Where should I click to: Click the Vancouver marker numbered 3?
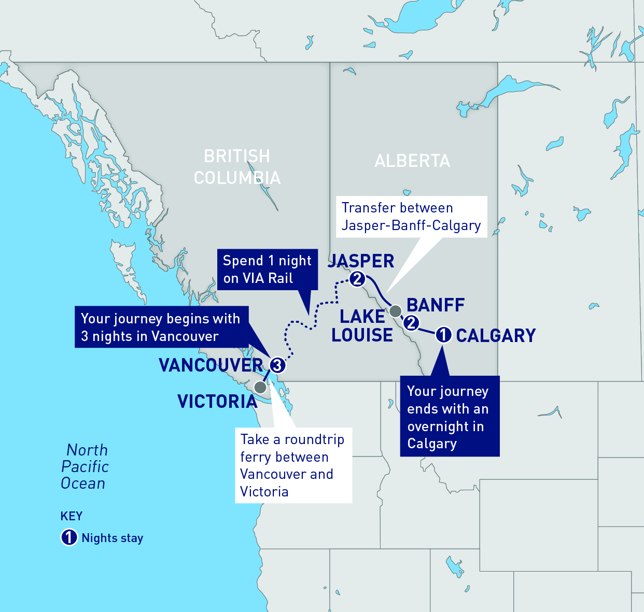pos(277,365)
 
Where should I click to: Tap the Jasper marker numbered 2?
pos(357,279)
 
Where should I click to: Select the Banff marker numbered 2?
pos(411,323)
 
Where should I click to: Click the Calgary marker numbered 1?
pos(443,335)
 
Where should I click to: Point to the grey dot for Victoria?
pos(260,387)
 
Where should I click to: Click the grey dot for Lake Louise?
pos(395,311)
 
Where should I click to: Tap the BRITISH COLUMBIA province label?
pos(237,167)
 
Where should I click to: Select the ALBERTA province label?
pos(412,161)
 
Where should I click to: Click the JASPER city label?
pos(361,261)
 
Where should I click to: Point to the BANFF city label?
pos(436,305)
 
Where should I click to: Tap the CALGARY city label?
pos(496,336)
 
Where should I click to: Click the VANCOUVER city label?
pos(211,365)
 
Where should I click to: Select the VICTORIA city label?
pos(217,402)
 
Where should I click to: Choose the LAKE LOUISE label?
pos(362,326)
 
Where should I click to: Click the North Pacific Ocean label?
pos(85,466)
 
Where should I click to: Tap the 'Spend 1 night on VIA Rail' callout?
pos(267,269)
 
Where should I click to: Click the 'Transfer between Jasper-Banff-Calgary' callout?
pos(412,217)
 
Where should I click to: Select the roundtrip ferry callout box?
pos(293,465)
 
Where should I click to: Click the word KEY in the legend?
pos(72,516)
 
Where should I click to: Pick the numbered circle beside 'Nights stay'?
pos(69,537)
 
